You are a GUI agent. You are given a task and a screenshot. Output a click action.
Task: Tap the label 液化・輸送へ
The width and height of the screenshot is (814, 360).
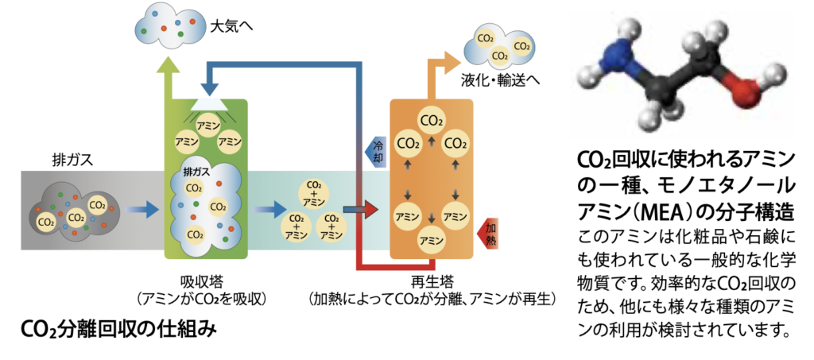(x=500, y=80)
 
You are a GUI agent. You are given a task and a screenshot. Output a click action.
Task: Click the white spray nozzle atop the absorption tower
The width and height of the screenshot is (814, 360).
(x=207, y=103)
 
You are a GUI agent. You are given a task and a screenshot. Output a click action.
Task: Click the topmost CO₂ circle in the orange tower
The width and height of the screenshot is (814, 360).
(x=432, y=121)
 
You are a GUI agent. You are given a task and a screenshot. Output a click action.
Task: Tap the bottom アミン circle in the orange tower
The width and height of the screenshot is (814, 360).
(x=432, y=240)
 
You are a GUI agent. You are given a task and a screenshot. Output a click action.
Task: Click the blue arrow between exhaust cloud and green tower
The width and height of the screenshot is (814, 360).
(x=143, y=210)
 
